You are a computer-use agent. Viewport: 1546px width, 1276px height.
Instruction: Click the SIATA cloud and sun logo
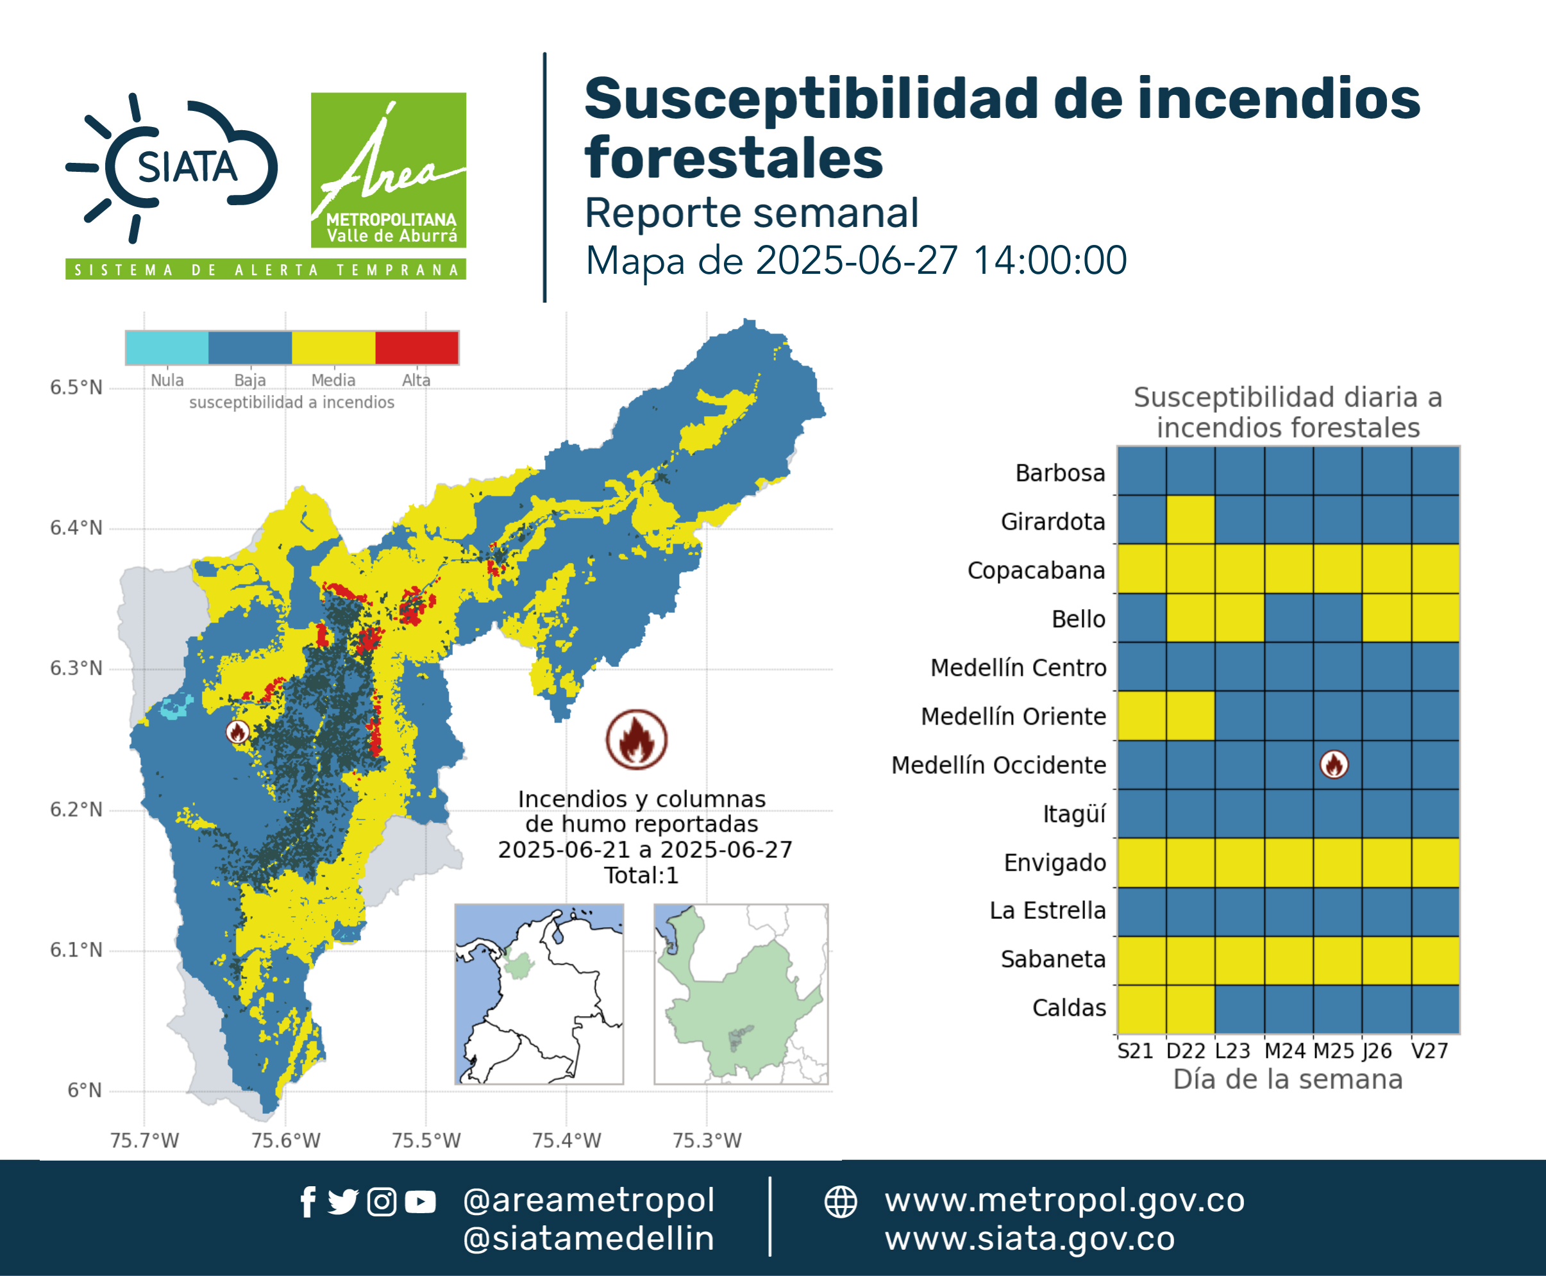tap(172, 167)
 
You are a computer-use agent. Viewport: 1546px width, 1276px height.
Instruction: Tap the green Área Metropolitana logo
tap(388, 170)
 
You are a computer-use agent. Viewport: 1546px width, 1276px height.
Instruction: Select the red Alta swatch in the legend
tap(417, 348)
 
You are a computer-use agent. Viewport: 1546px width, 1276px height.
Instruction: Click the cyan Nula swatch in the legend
tap(167, 348)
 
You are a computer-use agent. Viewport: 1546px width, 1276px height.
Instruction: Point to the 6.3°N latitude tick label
tap(76, 668)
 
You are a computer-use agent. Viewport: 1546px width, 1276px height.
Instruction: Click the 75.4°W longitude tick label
tap(567, 1140)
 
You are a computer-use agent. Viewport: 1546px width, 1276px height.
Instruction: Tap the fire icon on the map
tap(237, 732)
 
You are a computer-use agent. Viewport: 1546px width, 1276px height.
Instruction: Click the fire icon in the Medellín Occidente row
tap(1334, 764)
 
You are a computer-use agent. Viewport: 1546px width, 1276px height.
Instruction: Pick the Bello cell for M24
tap(1289, 618)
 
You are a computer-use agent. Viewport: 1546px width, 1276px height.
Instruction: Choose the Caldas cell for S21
tap(1141, 1009)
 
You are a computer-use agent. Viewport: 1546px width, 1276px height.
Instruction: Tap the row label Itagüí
tap(1075, 814)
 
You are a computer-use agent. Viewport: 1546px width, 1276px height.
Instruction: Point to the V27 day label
tap(1430, 1051)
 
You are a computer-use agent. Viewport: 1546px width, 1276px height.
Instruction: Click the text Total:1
tap(641, 875)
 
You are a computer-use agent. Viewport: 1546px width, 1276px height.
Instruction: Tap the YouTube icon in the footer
tap(420, 1202)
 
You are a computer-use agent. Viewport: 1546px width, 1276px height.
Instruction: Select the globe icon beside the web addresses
tap(841, 1202)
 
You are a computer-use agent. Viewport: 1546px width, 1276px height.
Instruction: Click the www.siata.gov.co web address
tap(1030, 1239)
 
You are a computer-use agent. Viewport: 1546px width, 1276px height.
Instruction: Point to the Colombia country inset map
tap(539, 995)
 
